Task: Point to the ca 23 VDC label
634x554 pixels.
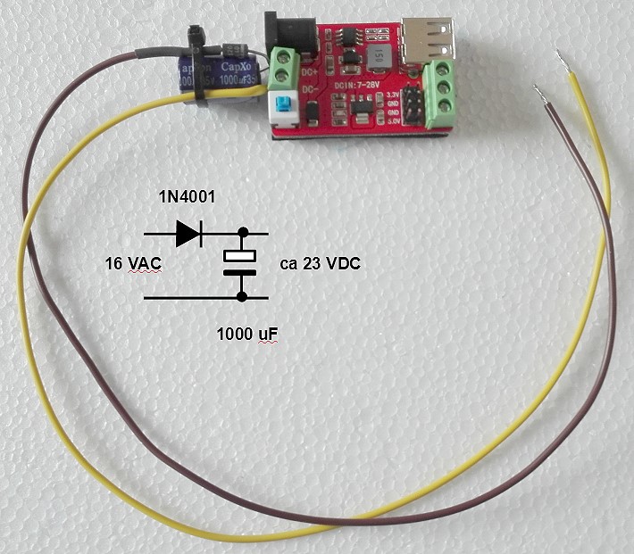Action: coord(318,265)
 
